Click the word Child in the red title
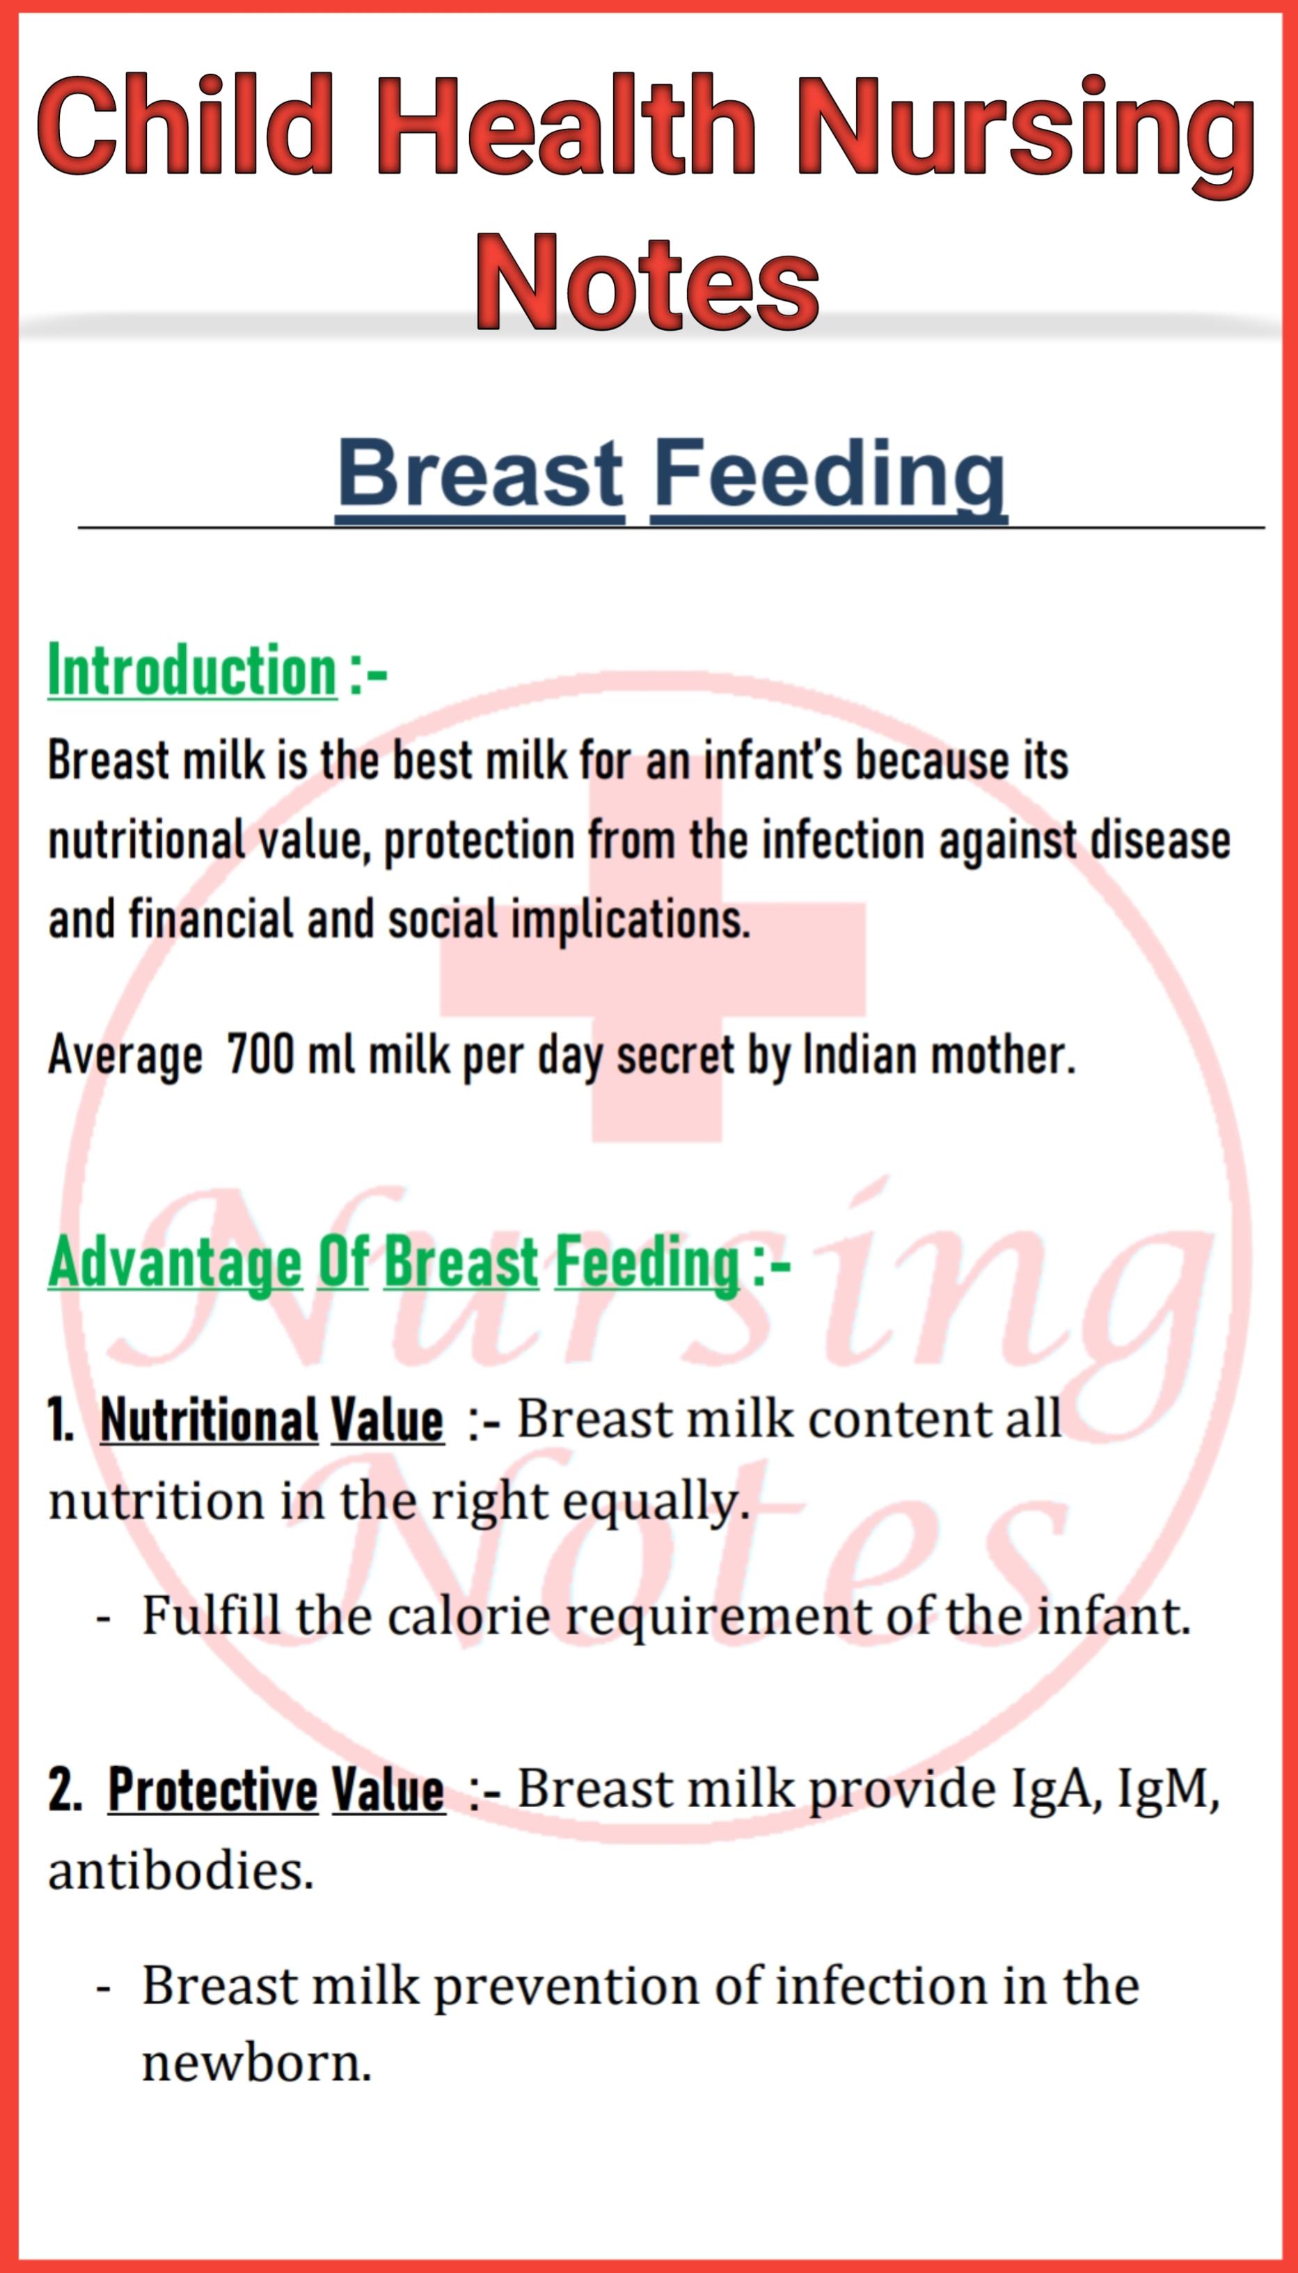[x=185, y=127]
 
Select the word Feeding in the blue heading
[x=829, y=476]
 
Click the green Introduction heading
[x=193, y=671]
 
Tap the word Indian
[x=860, y=1055]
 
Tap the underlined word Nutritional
[x=209, y=1420]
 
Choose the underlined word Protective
[x=212, y=1789]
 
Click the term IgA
[x=1054, y=1790]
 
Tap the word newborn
[x=256, y=2063]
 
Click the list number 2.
[x=64, y=1790]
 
